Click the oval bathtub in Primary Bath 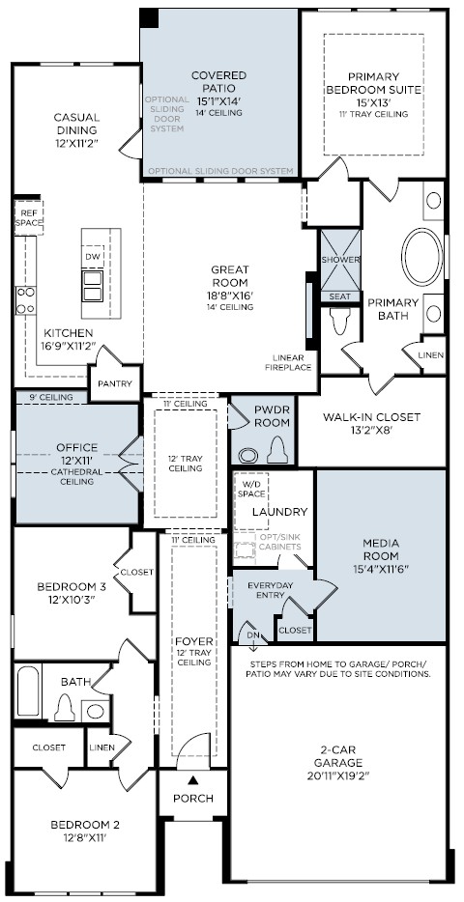click(422, 257)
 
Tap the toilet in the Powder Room click(277, 449)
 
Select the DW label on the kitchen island click(92, 256)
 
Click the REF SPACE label click(28, 217)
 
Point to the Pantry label click(115, 383)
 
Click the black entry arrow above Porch click(193, 780)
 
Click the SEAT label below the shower click(339, 296)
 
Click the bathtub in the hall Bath click(28, 691)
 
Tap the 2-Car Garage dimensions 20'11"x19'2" click(338, 775)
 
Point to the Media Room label click(381, 550)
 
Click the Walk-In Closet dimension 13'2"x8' click(371, 429)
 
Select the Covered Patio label click(218, 82)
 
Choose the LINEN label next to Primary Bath click(431, 355)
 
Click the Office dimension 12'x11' click(76, 460)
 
